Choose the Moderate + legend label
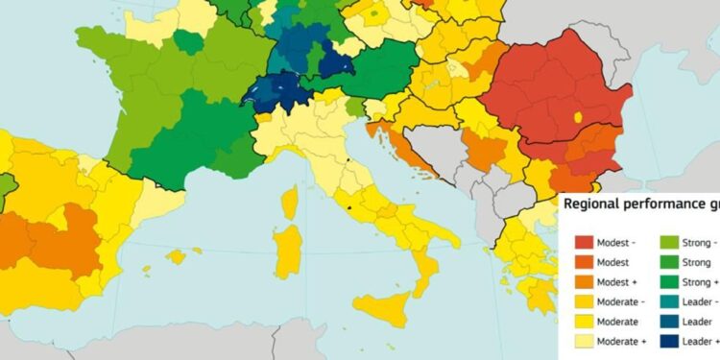[619, 341]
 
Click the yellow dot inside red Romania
[577, 117]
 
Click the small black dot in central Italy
[350, 205]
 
